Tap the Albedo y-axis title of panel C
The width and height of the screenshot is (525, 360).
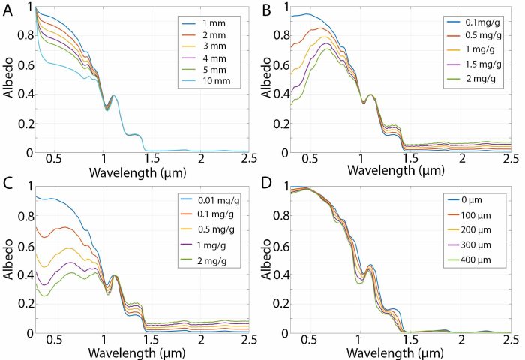point(8,259)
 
